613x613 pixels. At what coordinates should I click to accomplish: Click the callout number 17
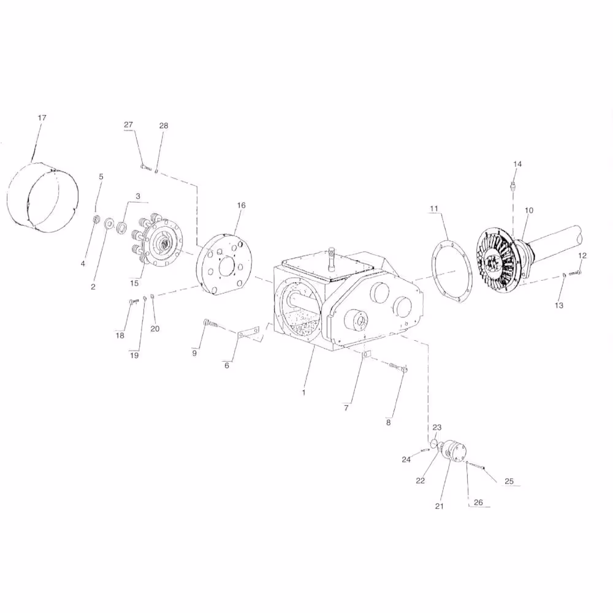tap(42, 118)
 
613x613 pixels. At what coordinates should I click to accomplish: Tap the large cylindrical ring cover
tap(43, 197)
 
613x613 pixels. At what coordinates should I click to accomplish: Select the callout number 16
tap(241, 205)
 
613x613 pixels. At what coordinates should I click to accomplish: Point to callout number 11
tap(434, 209)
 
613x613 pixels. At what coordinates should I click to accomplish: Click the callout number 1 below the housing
tap(304, 392)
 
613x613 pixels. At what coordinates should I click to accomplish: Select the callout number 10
tap(529, 210)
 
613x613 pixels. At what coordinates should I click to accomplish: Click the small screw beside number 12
tap(575, 273)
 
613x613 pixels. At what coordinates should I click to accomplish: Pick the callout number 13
tap(559, 305)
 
